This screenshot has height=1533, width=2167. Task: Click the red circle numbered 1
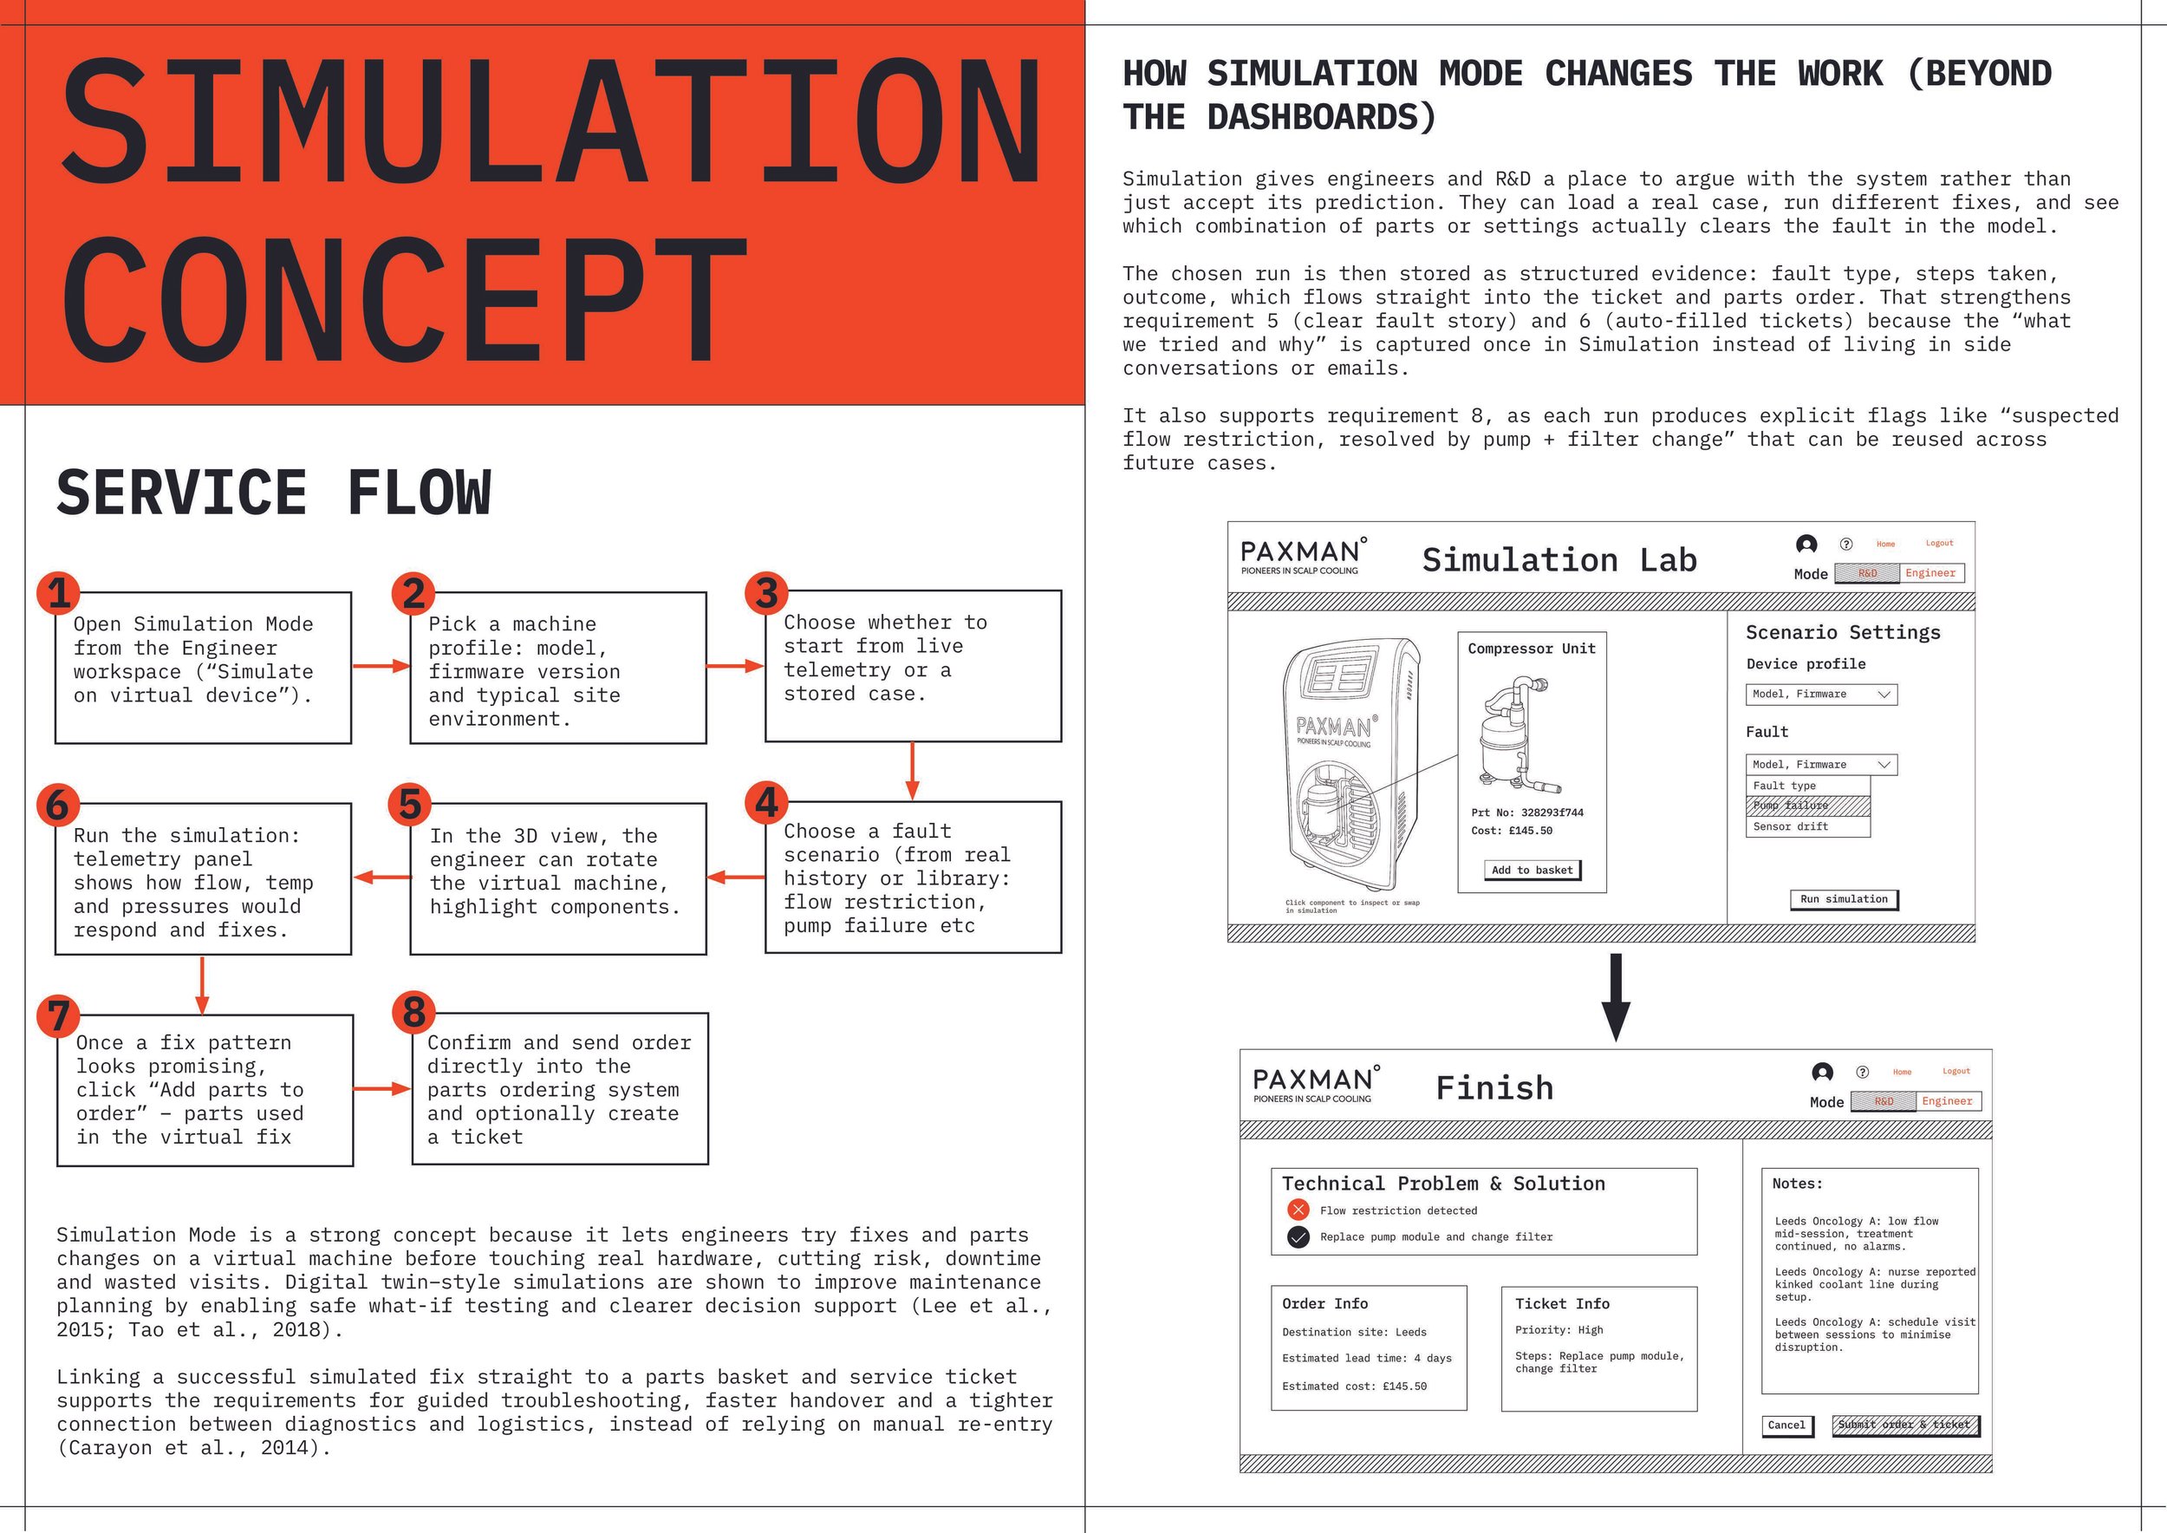pos(60,593)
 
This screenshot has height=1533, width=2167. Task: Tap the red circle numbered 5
pos(411,805)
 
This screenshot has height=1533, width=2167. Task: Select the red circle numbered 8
pos(414,1013)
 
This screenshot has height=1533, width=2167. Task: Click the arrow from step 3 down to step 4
pos(912,770)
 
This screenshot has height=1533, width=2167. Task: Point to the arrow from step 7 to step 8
pos(381,1088)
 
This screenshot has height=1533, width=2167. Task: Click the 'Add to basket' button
pos(1532,871)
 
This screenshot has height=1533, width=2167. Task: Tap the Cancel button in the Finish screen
pos(1786,1425)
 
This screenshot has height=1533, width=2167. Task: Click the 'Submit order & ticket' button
pos(1904,1425)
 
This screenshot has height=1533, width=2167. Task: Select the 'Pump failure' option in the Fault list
pos(1807,806)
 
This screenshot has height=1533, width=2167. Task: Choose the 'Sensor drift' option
pos(1807,827)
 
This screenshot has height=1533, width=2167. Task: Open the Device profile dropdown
pos(1820,695)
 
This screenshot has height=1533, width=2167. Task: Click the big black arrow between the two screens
pos(1616,996)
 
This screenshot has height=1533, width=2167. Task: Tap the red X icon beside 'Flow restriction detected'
pos(1298,1210)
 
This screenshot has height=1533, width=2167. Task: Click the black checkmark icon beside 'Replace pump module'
pos(1298,1236)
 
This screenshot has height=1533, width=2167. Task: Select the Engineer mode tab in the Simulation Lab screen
pos(1930,573)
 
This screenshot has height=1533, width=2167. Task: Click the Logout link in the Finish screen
pos(1956,1072)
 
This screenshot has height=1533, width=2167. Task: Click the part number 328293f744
pos(1552,812)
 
